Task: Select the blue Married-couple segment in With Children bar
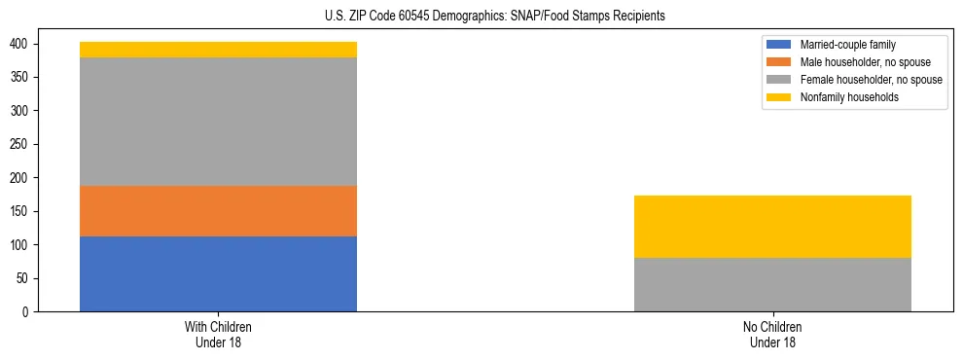(218, 273)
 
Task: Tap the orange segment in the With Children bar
(218, 211)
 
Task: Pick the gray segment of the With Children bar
(218, 122)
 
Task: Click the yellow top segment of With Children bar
(218, 50)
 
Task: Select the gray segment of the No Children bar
(772, 284)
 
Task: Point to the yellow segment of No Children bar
(772, 227)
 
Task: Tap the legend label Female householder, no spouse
(871, 80)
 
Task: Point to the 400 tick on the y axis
(26, 45)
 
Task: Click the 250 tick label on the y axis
(26, 145)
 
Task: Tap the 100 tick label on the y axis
(26, 245)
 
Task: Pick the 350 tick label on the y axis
(26, 78)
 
